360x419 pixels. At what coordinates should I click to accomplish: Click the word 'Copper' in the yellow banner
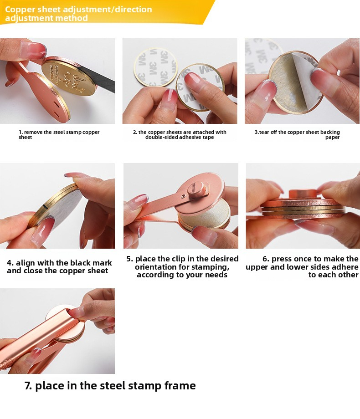click(x=20, y=10)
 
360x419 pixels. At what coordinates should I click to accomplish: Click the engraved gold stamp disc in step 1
click(x=68, y=77)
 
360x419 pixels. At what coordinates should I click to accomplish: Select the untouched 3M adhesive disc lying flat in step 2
click(x=155, y=67)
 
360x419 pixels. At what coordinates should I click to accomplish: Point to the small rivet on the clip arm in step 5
click(x=183, y=196)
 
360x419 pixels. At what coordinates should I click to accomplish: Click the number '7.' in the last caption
click(x=28, y=386)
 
